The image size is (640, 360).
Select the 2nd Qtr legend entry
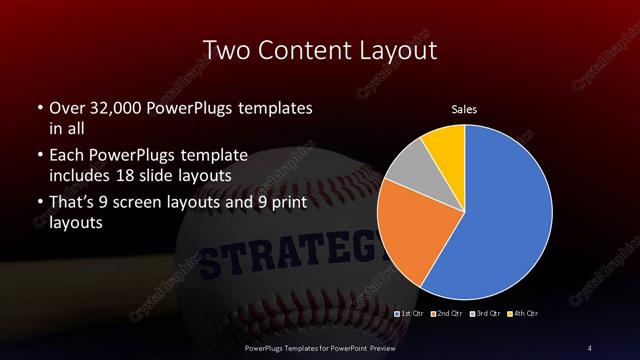[x=447, y=315]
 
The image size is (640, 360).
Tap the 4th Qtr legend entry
[x=522, y=315]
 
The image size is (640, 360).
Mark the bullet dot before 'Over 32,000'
[x=39, y=107]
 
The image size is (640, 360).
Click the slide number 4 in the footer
[x=589, y=348]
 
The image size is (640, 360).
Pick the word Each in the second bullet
[x=67, y=155]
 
